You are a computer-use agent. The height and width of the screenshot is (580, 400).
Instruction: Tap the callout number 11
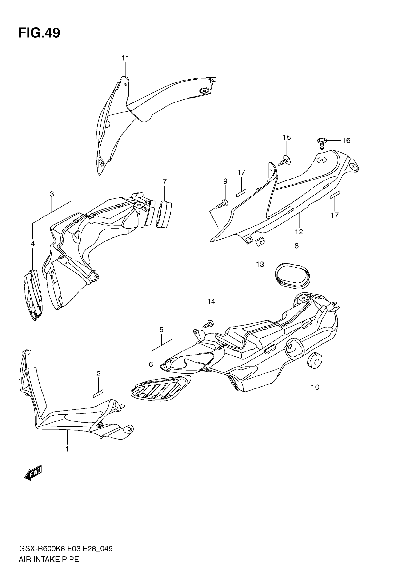click(x=125, y=58)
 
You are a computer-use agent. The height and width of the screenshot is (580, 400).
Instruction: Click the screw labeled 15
click(x=284, y=161)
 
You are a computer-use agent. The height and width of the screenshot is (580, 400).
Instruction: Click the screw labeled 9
click(x=222, y=204)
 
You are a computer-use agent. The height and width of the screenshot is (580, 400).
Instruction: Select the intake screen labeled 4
click(x=33, y=295)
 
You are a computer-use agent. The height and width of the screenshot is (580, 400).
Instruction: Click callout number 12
click(x=299, y=232)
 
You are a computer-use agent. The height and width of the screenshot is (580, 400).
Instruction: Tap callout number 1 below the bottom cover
click(x=67, y=449)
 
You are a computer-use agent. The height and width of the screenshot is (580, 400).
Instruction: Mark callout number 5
click(x=161, y=330)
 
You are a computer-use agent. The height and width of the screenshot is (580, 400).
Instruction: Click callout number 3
click(x=52, y=194)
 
